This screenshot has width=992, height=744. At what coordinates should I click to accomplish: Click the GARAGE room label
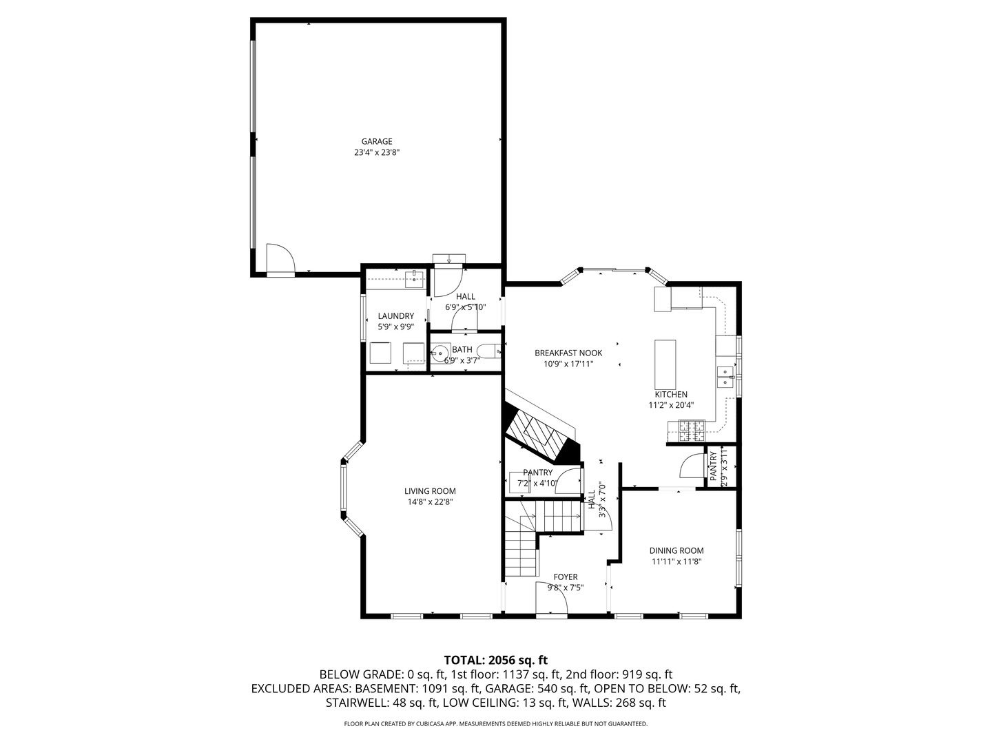(377, 141)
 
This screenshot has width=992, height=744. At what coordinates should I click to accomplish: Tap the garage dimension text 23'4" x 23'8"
(377, 153)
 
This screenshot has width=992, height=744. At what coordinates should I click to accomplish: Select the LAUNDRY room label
(395, 316)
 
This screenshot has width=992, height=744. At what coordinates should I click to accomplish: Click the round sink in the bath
(440, 353)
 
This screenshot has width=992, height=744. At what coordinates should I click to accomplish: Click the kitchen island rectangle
(665, 364)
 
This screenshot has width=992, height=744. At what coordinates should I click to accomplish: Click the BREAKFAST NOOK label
(568, 353)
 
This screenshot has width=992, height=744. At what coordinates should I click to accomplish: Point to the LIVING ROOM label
(430, 491)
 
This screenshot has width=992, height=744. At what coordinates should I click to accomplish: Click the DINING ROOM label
(676, 550)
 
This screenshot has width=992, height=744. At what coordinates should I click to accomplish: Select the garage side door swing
(280, 259)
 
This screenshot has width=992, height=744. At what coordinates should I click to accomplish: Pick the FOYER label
(566, 577)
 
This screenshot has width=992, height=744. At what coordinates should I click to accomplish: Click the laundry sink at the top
(414, 279)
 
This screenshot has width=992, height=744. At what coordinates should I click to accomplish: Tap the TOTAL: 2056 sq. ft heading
(496, 660)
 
